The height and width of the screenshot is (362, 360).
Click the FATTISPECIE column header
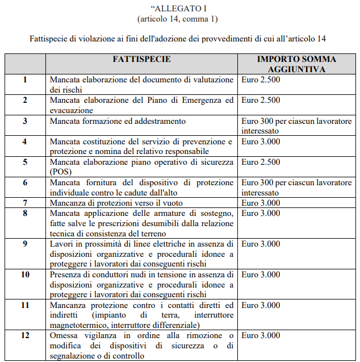141,59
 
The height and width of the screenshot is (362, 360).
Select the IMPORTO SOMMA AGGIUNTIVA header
296,64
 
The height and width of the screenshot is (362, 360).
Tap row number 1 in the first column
25,80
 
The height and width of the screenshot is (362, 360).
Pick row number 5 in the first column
25,162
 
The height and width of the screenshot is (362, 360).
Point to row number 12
25,336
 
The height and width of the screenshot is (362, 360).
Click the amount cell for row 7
261,203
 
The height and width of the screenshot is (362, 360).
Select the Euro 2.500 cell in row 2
261,101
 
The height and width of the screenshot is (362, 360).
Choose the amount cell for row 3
296,126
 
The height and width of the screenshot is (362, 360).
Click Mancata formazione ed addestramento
118,121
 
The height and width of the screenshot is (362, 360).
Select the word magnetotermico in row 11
79,325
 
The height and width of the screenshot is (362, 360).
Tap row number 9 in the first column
25,244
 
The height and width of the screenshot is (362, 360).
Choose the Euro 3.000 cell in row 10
261,274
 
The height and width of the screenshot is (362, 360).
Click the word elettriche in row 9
173,244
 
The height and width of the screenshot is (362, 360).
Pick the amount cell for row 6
296,187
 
